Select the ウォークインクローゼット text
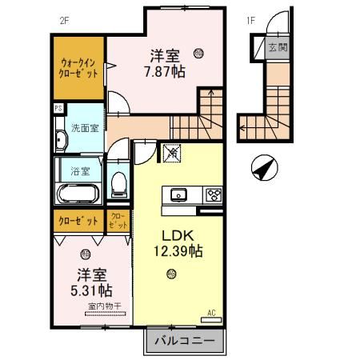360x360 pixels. pyautogui.click(x=79, y=67)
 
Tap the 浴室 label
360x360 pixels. pyautogui.click(x=80, y=170)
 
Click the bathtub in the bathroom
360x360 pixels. pyautogui.click(x=77, y=194)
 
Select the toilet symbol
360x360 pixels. pyautogui.click(x=118, y=183)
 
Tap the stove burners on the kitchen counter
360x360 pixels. pyautogui.click(x=213, y=194)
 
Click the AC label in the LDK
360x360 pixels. pyautogui.click(x=212, y=314)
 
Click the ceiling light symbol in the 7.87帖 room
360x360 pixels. pyautogui.click(x=198, y=54)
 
